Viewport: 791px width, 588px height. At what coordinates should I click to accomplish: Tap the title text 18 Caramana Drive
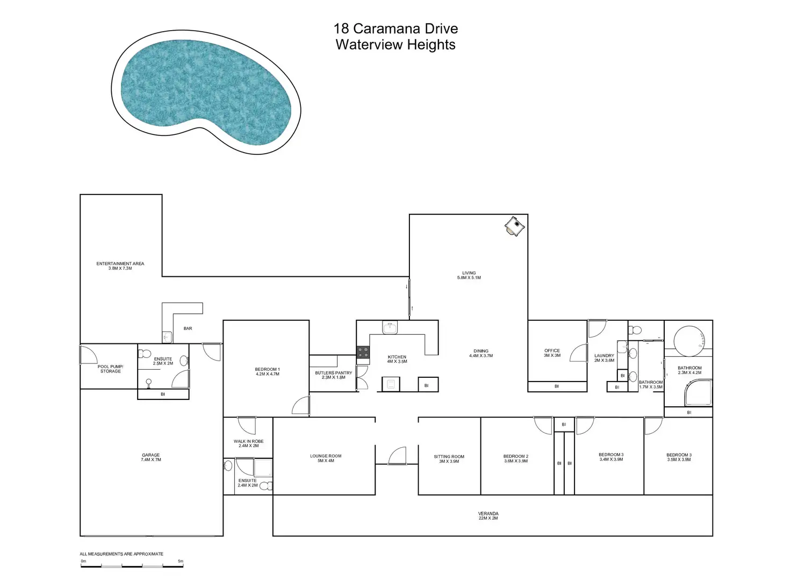tap(395, 28)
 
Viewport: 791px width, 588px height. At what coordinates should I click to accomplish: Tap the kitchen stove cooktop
tap(363, 352)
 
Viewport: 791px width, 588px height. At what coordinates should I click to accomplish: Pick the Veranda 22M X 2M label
tap(488, 515)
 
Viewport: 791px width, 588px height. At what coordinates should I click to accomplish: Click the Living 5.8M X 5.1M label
tap(469, 275)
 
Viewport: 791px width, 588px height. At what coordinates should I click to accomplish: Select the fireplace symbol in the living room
tap(514, 226)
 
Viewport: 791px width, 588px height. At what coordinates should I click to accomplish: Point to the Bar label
tap(188, 328)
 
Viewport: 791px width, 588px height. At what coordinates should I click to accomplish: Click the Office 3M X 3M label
tap(552, 353)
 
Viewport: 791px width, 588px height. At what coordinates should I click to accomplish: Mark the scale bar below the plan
tap(132, 565)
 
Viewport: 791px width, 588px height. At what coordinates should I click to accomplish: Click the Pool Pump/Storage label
tap(111, 369)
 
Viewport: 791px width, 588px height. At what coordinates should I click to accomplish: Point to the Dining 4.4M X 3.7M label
tap(481, 353)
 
